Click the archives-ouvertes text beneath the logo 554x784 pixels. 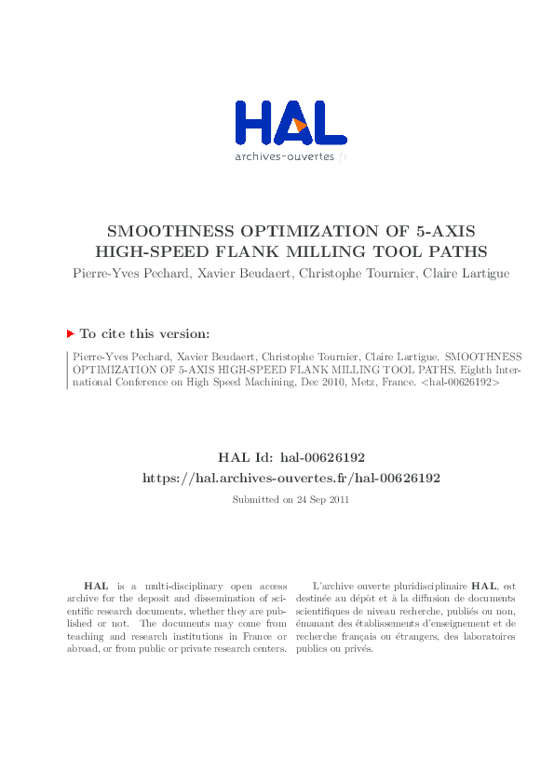click(285, 156)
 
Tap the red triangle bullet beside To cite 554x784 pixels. click(70, 333)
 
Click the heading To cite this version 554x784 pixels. click(143, 333)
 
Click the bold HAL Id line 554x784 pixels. click(291, 458)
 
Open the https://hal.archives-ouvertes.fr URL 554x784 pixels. click(291, 477)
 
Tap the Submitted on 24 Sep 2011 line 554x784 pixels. click(291, 500)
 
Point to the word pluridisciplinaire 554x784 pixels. click(425, 586)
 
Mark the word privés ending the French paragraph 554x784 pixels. click(359, 649)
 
